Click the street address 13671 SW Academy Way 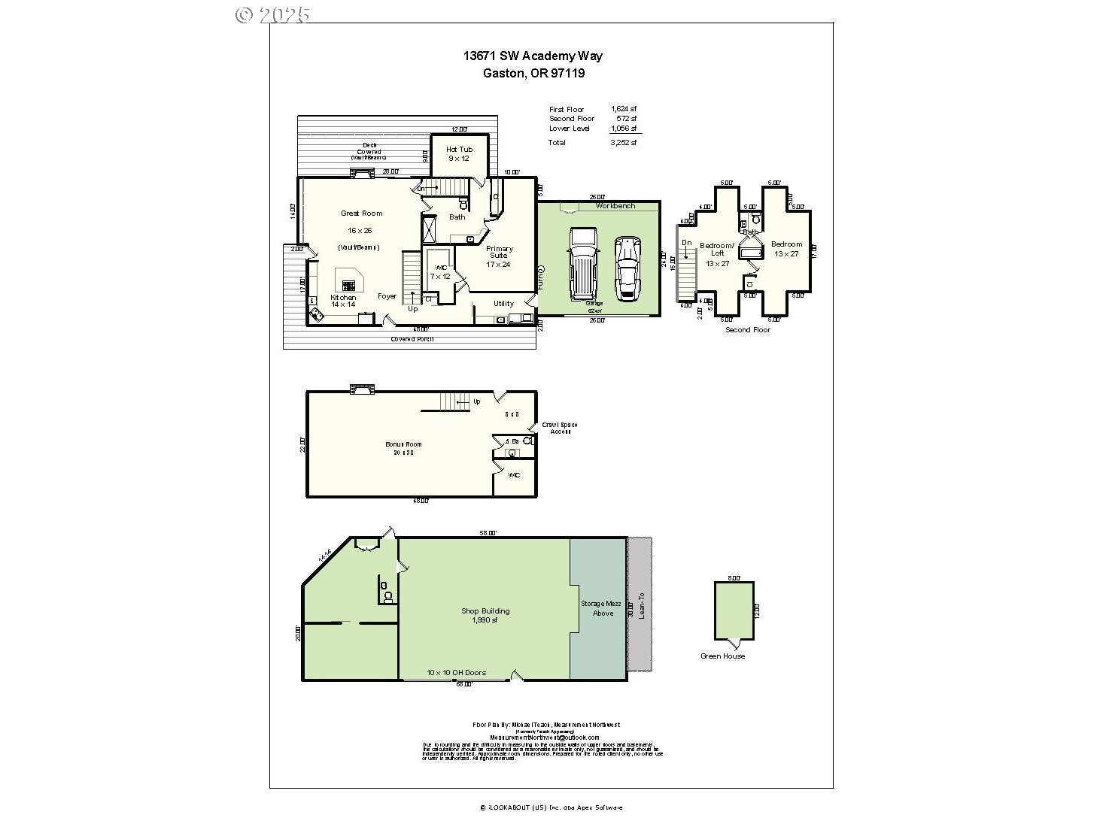point(533,56)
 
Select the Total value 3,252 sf point(623,143)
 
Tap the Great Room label point(361,214)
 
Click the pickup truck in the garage point(582,262)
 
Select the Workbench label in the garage point(615,206)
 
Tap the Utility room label point(503,304)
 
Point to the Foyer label point(387,296)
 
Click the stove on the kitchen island point(348,285)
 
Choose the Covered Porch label point(412,339)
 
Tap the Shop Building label point(485,611)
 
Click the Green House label point(722,656)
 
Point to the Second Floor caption point(747,330)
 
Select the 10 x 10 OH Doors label point(456,673)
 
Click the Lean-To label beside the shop point(641,605)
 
